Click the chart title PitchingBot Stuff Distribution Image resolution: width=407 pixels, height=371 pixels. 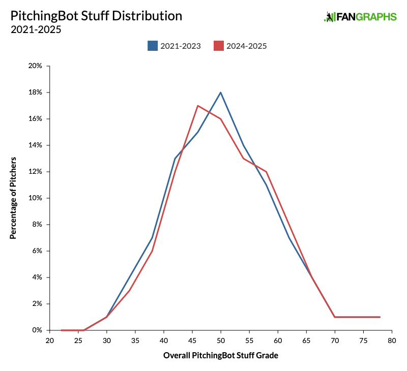click(x=96, y=16)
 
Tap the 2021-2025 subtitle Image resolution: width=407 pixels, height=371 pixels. click(x=36, y=29)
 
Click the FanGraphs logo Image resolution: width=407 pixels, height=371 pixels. click(x=360, y=17)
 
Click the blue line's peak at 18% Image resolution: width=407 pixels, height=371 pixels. click(x=221, y=92)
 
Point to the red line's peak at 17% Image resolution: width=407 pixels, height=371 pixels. click(x=197, y=106)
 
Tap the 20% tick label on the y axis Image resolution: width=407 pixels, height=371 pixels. click(x=36, y=66)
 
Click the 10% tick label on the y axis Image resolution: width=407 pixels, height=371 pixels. click(x=36, y=198)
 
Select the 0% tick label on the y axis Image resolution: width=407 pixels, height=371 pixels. click(x=38, y=330)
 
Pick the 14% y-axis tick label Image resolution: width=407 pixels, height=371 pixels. click(x=36, y=145)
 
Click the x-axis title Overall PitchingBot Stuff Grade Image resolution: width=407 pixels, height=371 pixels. click(x=221, y=356)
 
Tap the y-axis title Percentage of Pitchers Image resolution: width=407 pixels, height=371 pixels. click(x=13, y=198)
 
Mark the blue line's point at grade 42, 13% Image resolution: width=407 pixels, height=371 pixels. click(x=175, y=159)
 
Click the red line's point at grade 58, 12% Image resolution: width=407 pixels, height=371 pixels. click(x=266, y=172)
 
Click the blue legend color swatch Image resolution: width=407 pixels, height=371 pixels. click(x=153, y=46)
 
